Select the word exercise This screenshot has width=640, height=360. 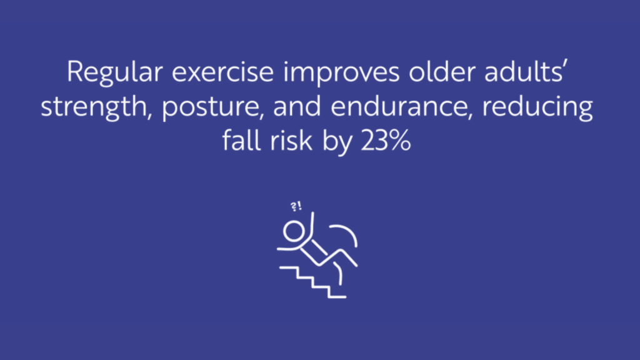[222, 72]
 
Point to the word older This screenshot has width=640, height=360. [442, 71]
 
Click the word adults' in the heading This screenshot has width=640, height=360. [524, 71]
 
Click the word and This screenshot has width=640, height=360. [297, 106]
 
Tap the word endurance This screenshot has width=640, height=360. [401, 106]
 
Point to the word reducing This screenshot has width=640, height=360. [537, 107]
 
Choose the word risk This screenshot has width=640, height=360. [291, 141]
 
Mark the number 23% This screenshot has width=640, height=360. [385, 141]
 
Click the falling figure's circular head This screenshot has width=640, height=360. [294, 231]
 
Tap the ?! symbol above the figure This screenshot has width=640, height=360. [296, 206]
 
